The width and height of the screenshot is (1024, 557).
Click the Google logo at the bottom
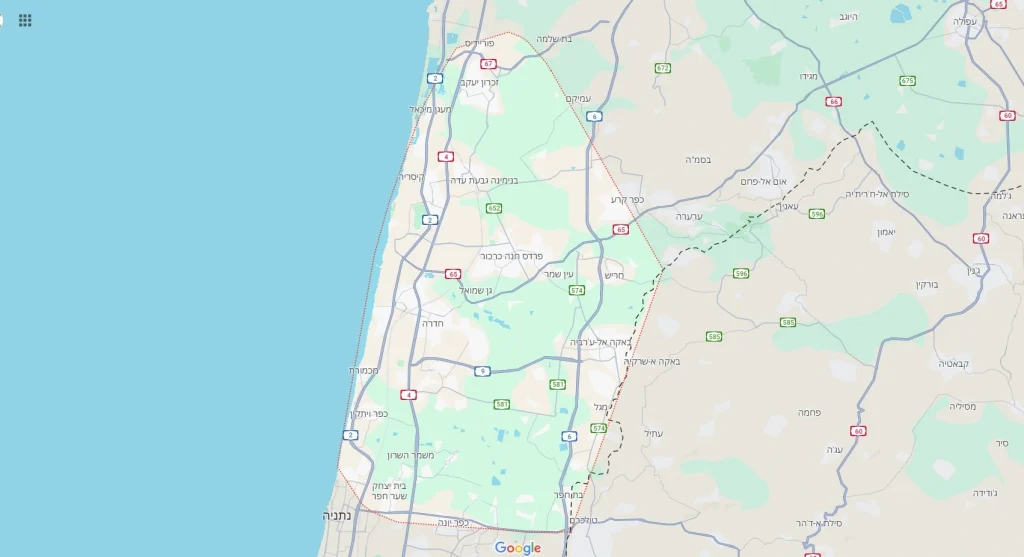coord(517,547)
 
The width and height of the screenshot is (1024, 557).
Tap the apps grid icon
coord(25,20)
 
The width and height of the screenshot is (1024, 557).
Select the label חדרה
coord(432,323)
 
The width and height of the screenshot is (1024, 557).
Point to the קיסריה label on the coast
coord(412,177)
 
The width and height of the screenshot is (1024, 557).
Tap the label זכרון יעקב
coord(479,82)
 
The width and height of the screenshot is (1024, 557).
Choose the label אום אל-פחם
coord(765,181)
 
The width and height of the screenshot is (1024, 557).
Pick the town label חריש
coord(614,274)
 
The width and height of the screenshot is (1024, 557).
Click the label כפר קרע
coord(628,200)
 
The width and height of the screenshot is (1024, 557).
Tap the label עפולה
coord(964,21)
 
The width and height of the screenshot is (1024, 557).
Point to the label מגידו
coord(809,76)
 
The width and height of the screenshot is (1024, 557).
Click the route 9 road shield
coord(483,371)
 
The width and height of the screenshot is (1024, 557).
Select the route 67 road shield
coord(488,63)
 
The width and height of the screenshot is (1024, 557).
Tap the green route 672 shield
coord(662,68)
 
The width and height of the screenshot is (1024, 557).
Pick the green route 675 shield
coord(907,81)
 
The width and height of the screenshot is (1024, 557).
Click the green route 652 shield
coord(494,208)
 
